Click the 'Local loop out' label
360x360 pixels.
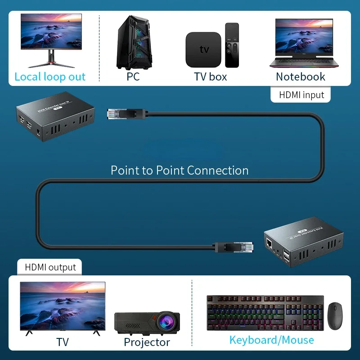point(50,77)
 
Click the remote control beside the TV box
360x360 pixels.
point(232,45)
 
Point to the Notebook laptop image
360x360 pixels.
point(301,44)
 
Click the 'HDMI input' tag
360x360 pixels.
point(301,95)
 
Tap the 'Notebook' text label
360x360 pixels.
point(300,77)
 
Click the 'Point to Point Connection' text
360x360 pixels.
point(180,171)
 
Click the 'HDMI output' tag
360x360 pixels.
point(50,267)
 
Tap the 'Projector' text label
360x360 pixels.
point(147,342)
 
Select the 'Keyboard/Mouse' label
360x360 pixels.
point(271,340)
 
